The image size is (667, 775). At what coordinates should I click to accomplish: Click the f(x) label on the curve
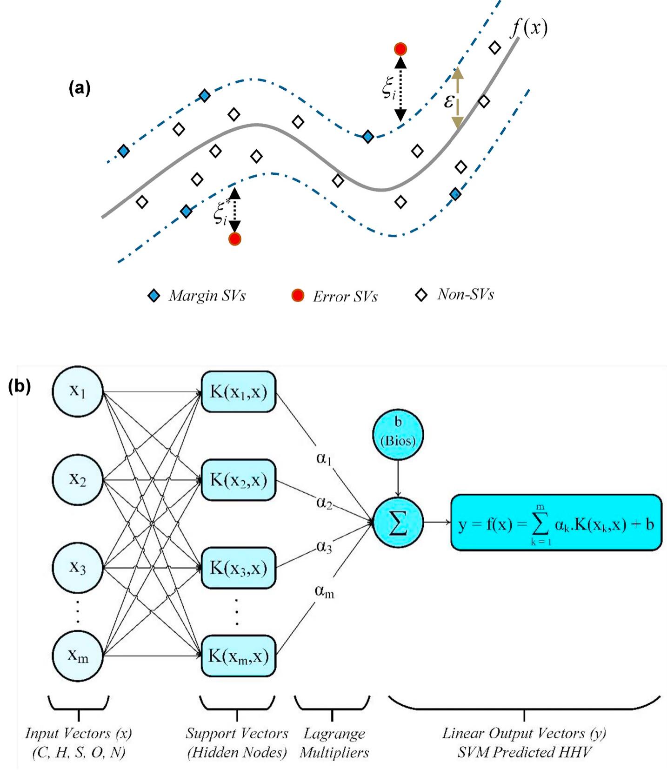pos(529,29)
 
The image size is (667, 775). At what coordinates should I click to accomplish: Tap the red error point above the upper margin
pos(400,49)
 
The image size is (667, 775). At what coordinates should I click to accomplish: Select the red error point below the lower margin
pos(235,239)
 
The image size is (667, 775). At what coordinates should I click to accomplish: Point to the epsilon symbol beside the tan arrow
pos(448,101)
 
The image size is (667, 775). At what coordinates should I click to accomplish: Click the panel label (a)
pos(80,88)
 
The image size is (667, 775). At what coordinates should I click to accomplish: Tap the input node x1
pos(78,391)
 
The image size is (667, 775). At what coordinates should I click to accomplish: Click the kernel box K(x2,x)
pos(239,479)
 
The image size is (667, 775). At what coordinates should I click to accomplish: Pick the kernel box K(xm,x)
pos(239,656)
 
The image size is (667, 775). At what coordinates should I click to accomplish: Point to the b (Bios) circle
pos(398,433)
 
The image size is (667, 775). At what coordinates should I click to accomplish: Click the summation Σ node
pos(398,523)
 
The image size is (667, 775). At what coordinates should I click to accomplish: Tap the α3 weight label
pos(324,547)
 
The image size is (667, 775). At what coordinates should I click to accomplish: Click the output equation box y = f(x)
pos(556,523)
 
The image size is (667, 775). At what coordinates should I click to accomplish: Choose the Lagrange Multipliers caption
pos(334,743)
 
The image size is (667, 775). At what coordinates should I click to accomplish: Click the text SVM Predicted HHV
pos(524,752)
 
